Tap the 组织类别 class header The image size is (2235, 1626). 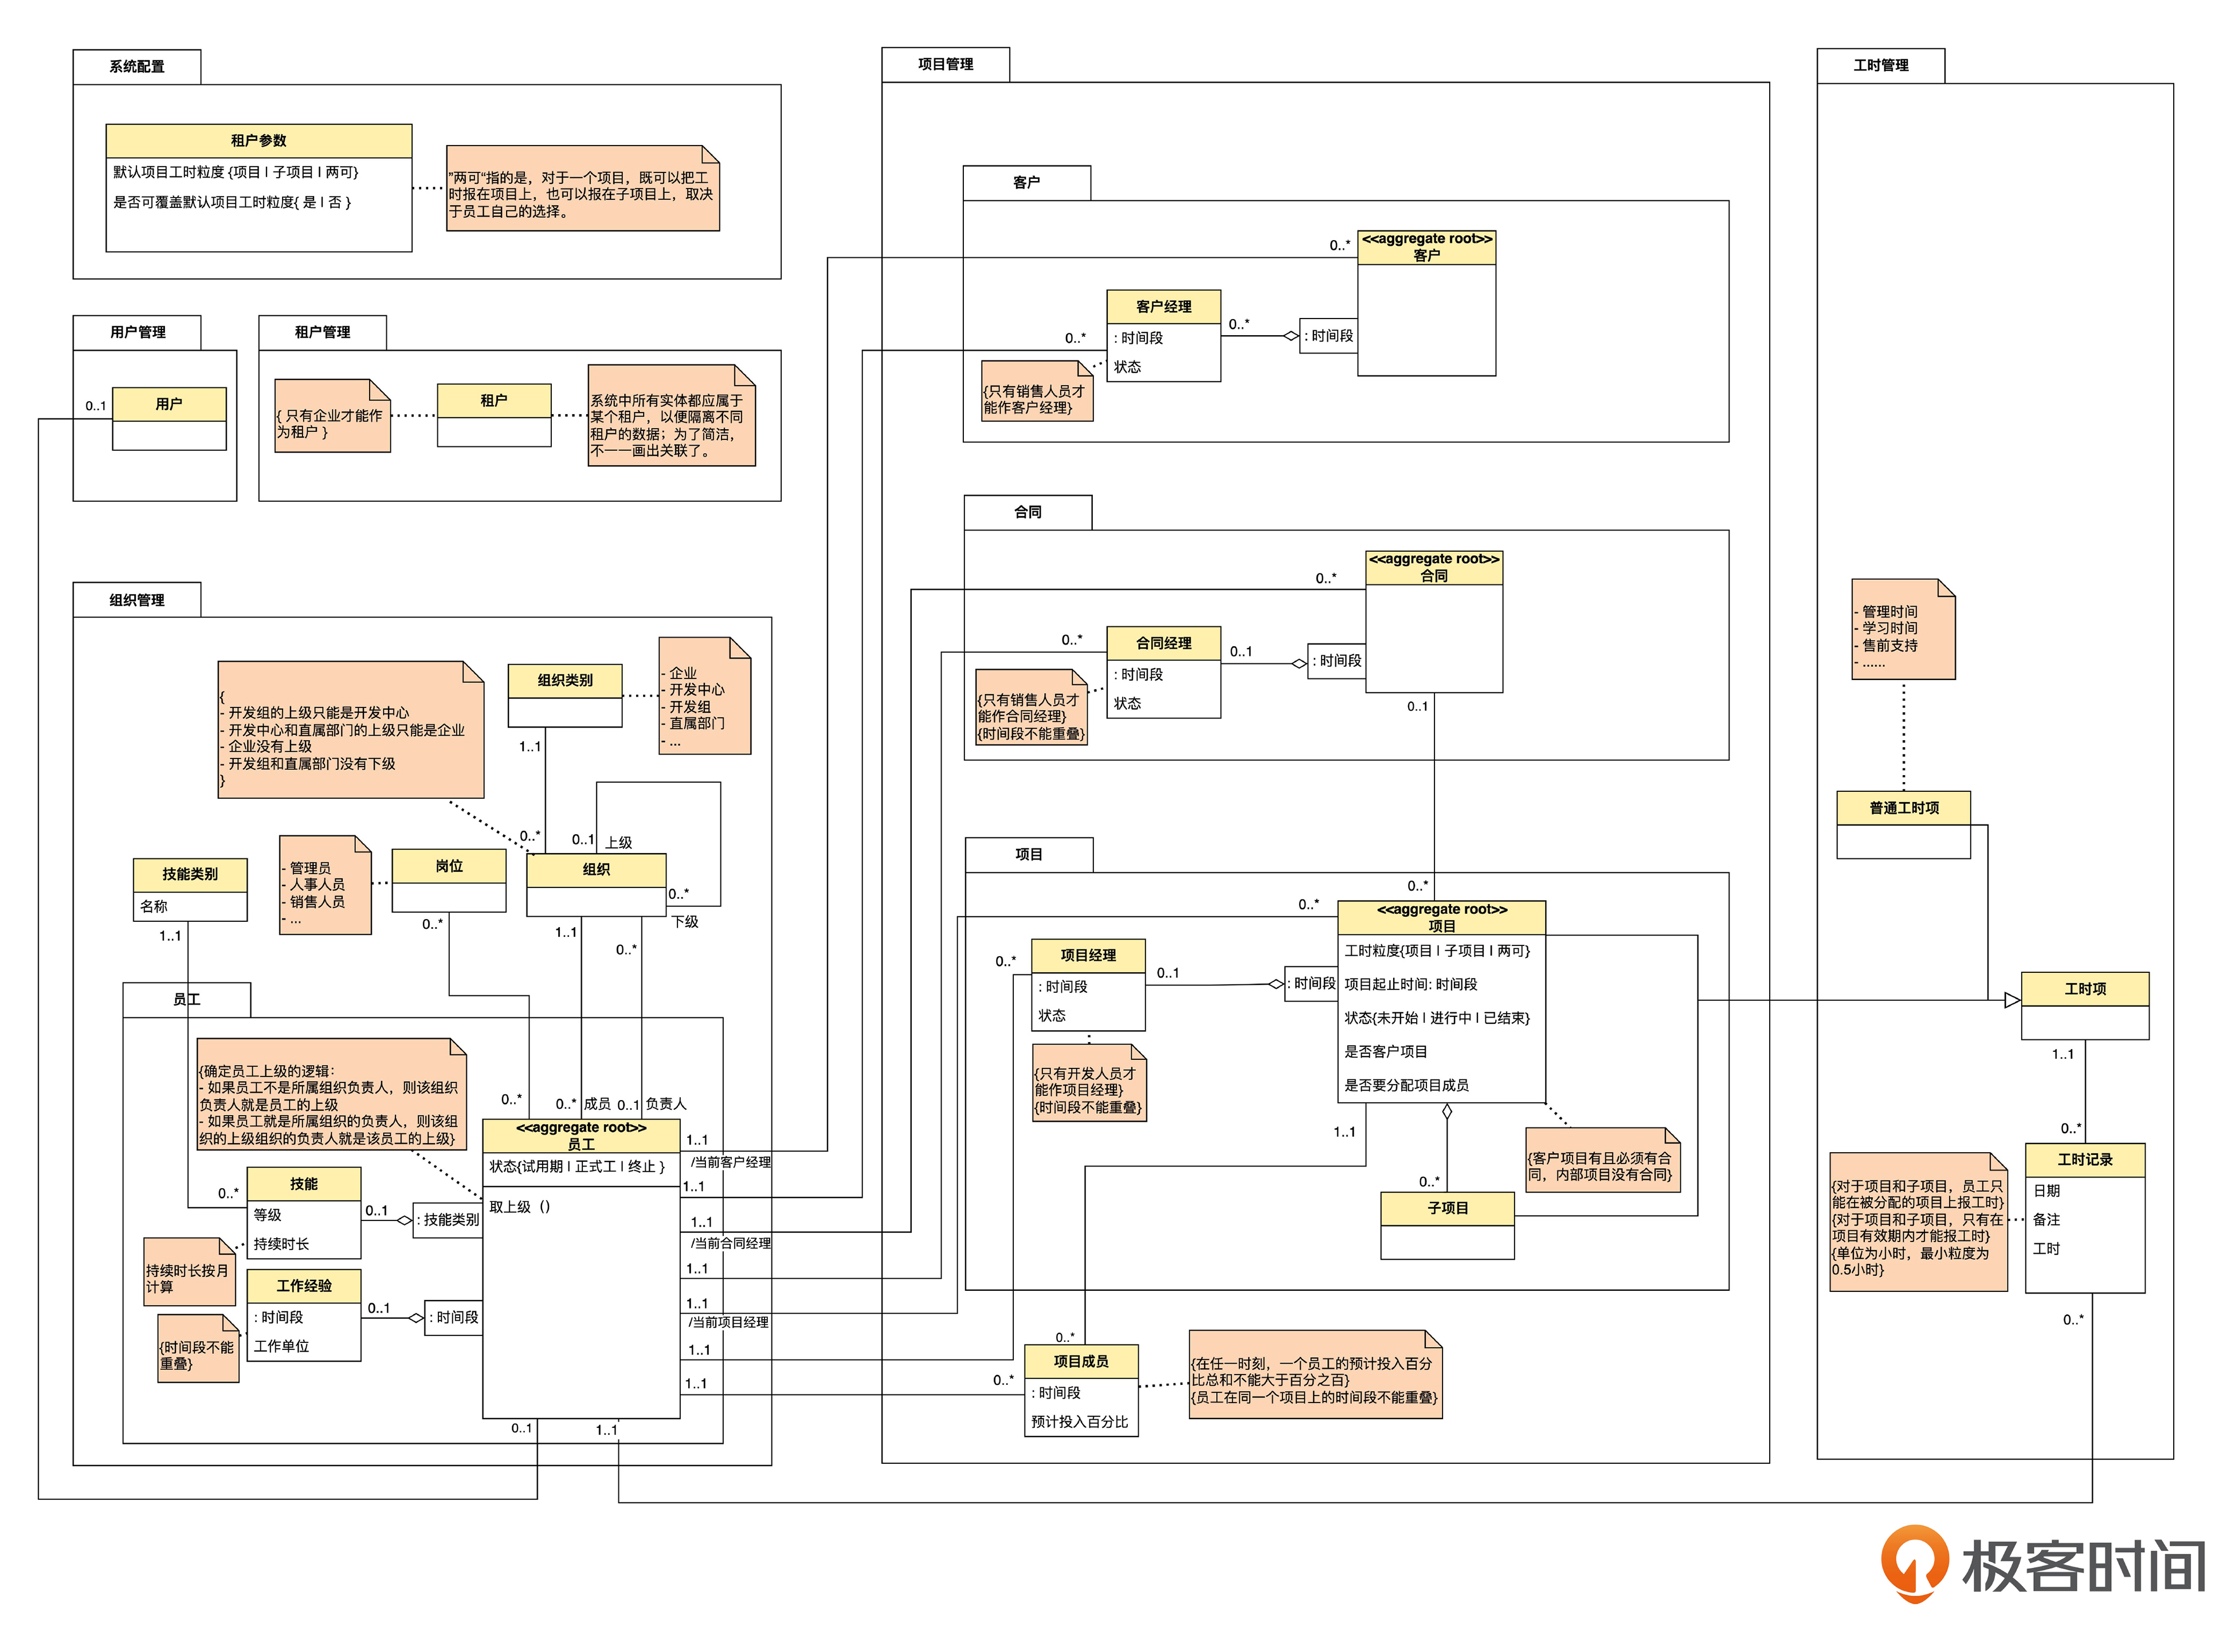(x=564, y=680)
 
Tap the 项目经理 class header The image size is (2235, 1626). (x=1088, y=955)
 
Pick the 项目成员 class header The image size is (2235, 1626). (x=1080, y=1361)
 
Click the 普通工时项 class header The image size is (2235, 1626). (x=1903, y=808)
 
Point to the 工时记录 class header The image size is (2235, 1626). (x=2084, y=1160)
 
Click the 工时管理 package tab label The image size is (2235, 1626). (x=1880, y=65)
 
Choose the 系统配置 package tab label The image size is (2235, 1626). (x=137, y=66)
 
